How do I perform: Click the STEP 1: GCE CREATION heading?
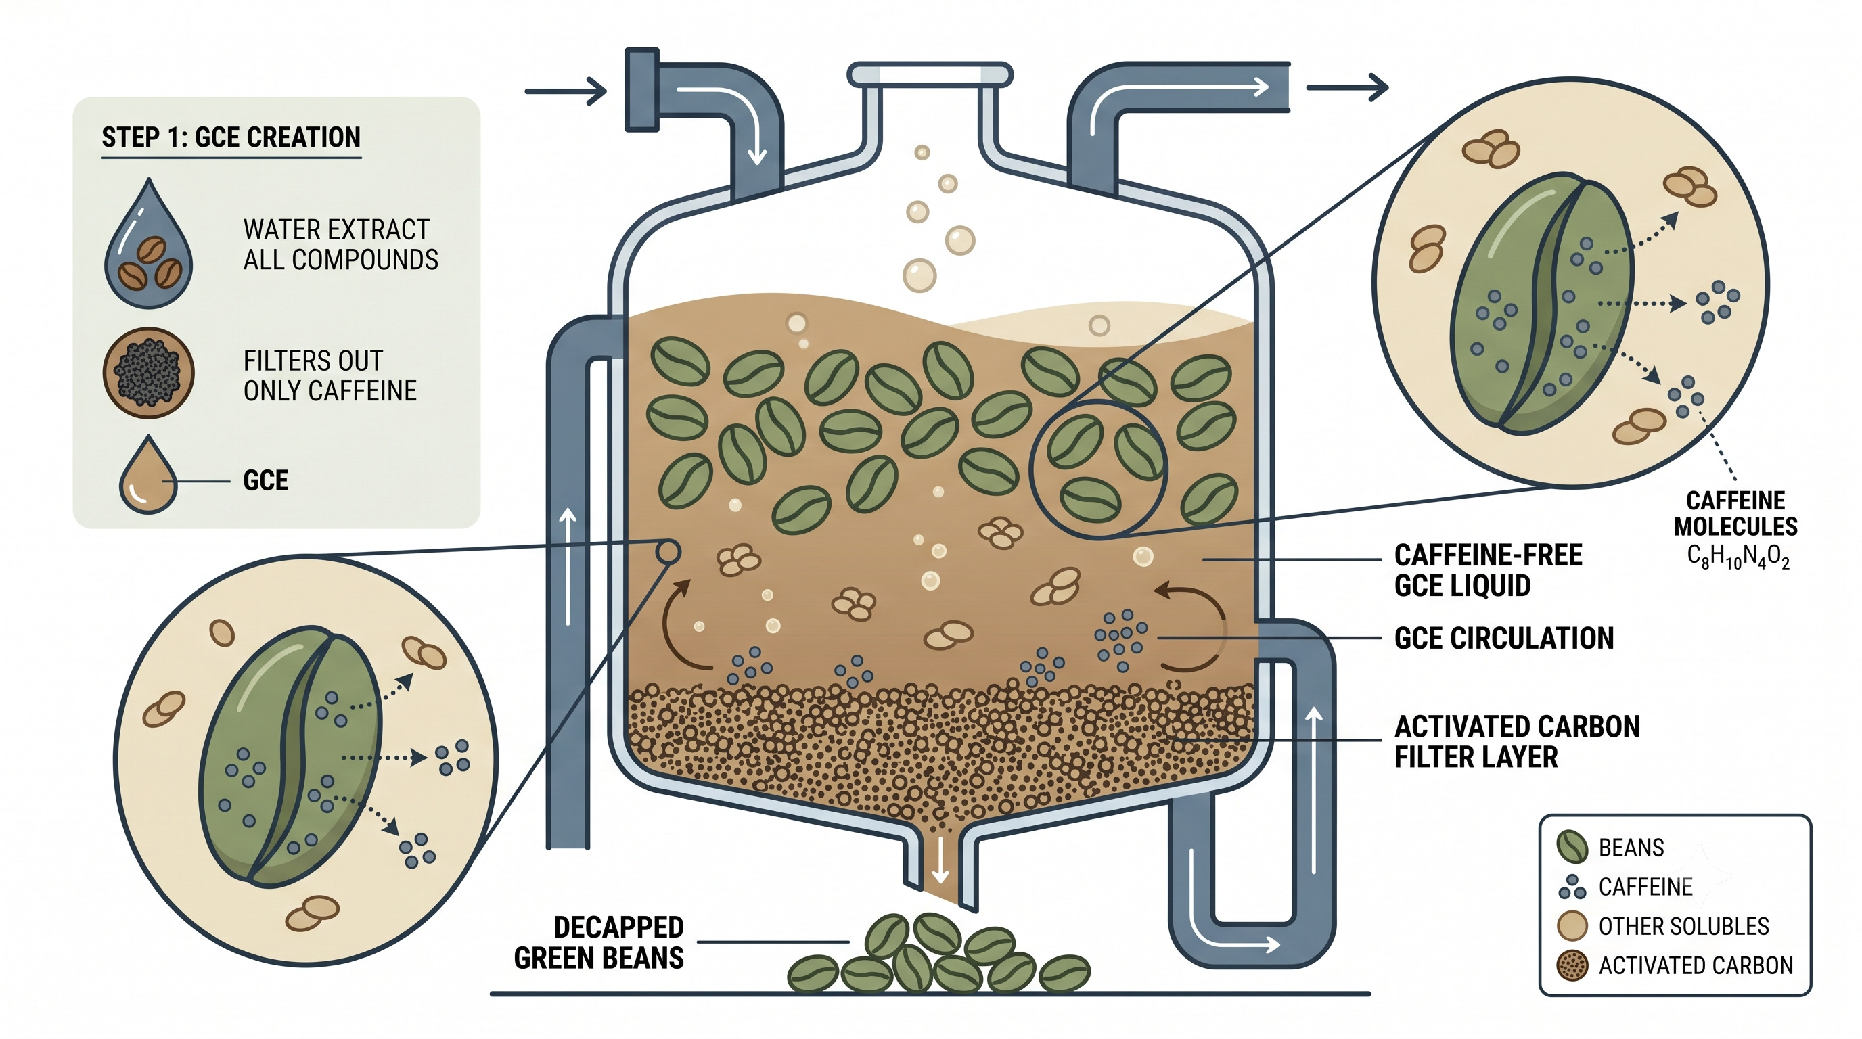231,137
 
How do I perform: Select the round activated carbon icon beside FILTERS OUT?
149,373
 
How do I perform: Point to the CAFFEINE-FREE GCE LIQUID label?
1488,570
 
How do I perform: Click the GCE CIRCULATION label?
1503,638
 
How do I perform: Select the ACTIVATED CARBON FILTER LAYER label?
1516,741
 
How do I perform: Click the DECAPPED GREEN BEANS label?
599,942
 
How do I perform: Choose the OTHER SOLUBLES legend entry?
1662,925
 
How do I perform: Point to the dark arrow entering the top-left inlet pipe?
565,92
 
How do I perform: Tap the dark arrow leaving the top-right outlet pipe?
1347,88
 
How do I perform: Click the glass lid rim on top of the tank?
930,74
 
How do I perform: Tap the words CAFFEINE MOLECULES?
1735,513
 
